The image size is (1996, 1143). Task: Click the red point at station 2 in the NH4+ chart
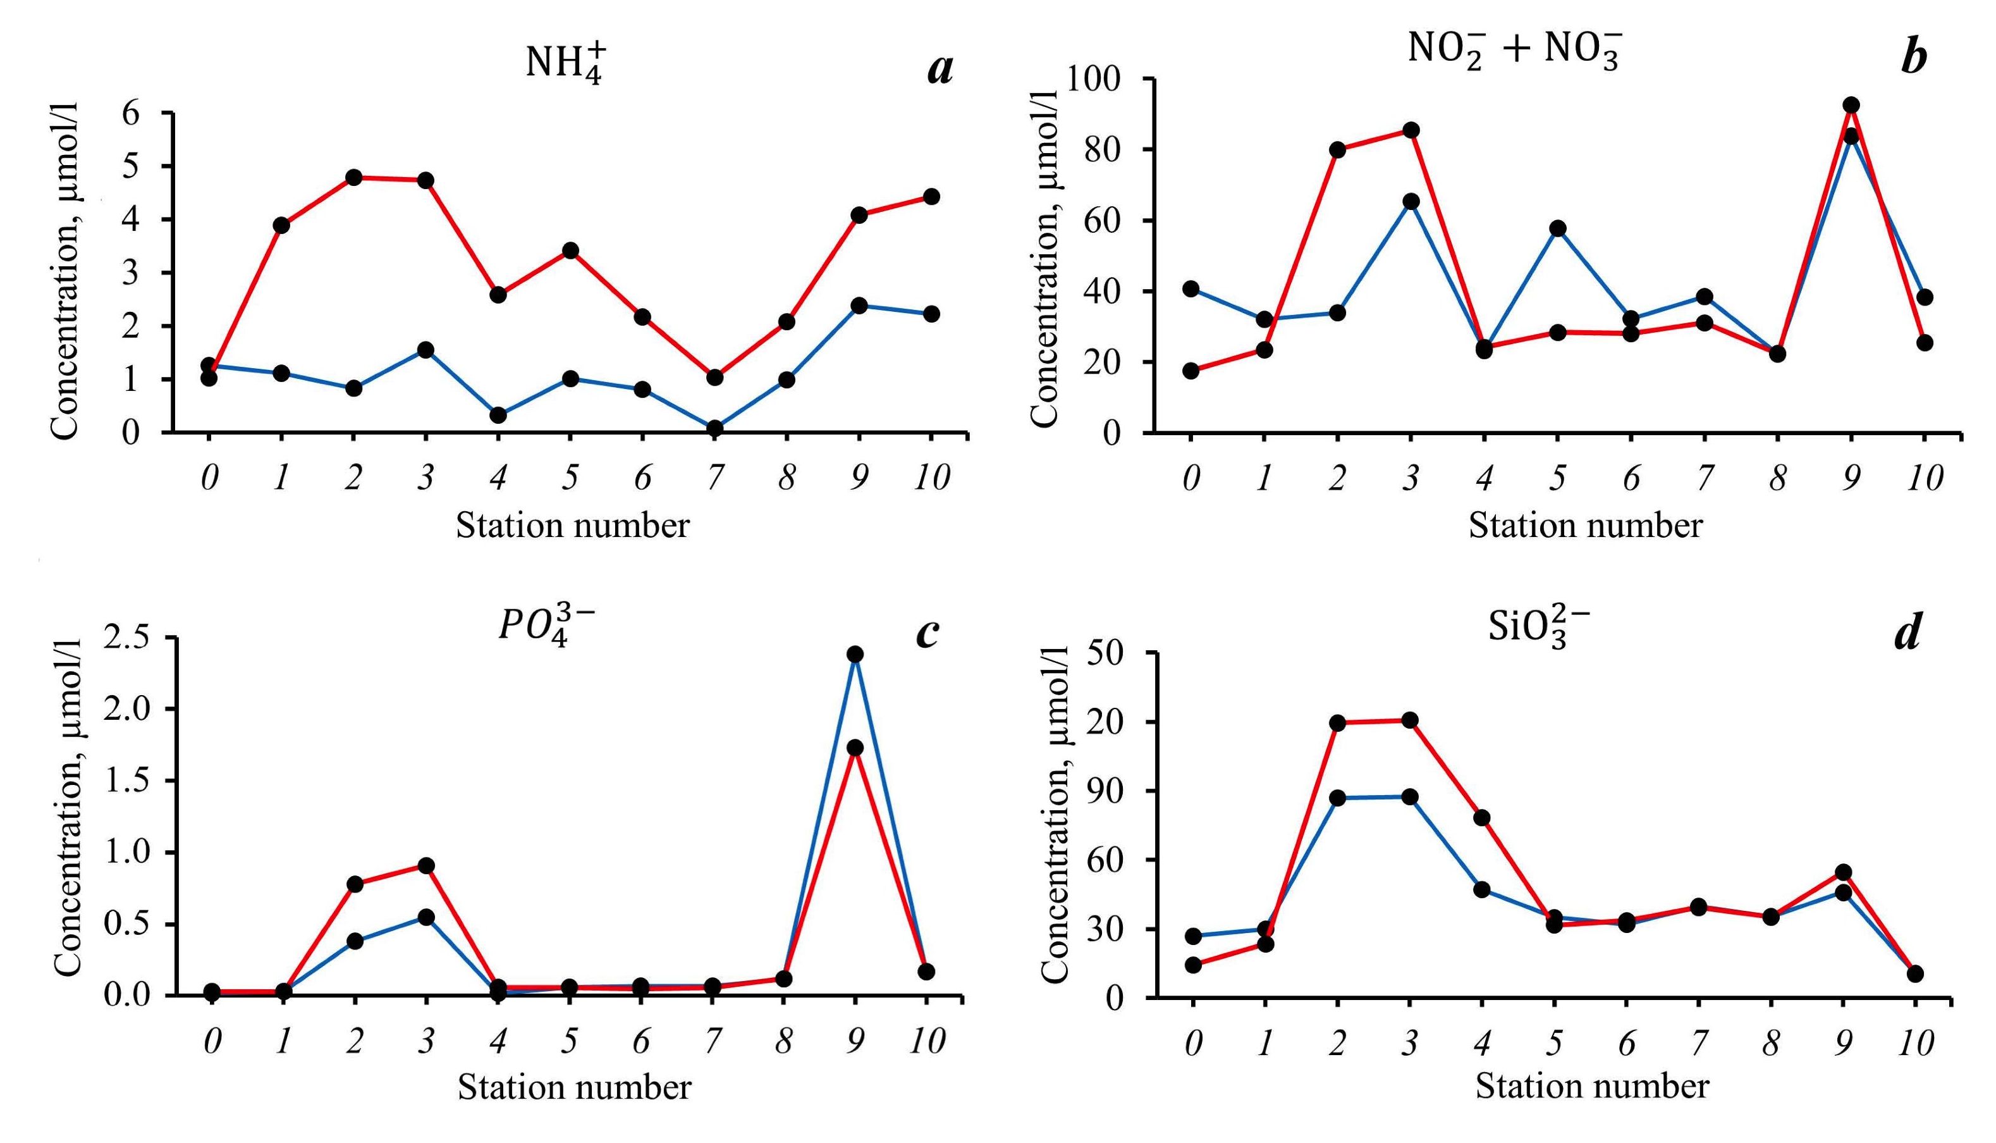(354, 177)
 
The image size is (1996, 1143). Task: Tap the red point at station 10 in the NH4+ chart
(931, 196)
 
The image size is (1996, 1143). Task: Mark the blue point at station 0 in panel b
(1191, 289)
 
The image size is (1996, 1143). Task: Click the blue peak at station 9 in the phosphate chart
(855, 654)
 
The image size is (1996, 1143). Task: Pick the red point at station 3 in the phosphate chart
(426, 866)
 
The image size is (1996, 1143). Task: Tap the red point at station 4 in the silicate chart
(1482, 818)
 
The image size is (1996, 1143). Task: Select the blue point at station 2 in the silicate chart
(1338, 798)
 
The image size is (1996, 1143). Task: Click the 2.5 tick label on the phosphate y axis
(130, 638)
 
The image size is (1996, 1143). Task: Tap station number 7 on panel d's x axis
(1699, 1042)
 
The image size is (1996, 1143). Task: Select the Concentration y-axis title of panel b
(1045, 255)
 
